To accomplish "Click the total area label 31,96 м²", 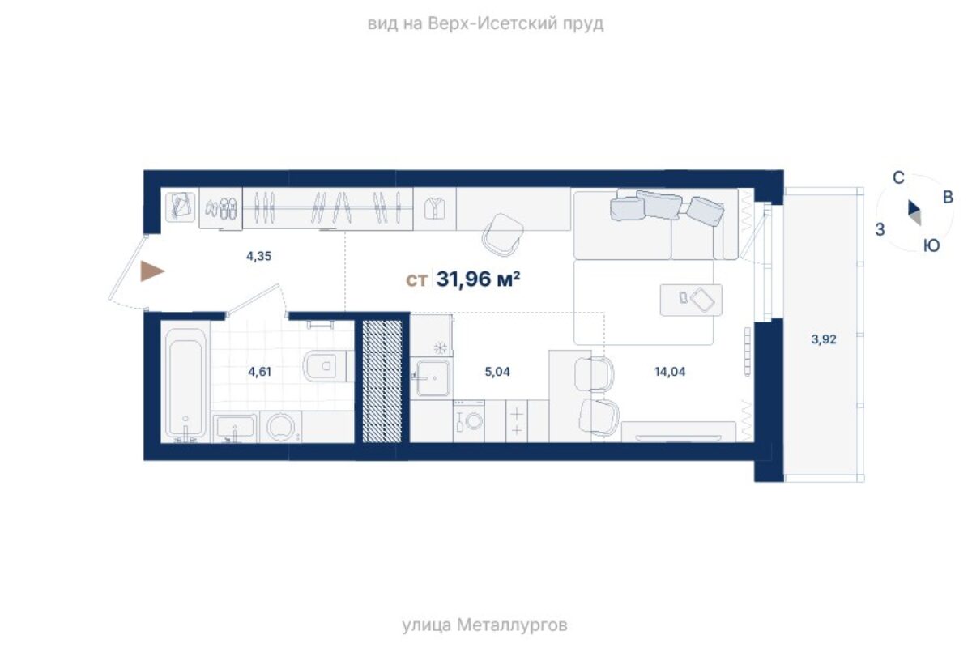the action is (x=478, y=279).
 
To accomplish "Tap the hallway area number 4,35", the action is (x=258, y=256).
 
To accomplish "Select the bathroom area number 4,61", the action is (x=259, y=372).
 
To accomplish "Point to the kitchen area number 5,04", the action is (x=497, y=372).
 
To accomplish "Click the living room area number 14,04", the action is (x=670, y=372).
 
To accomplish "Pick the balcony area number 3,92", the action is (x=824, y=339).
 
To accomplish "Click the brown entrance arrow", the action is (x=152, y=271).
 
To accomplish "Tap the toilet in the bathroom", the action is (x=327, y=366).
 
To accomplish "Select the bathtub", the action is (x=185, y=383).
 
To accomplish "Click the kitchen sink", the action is (x=433, y=377).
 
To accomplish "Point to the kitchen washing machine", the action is (x=469, y=421).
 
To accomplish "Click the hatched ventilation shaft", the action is (x=382, y=381).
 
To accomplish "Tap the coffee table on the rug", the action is (x=691, y=300).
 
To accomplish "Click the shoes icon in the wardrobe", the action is (x=221, y=208).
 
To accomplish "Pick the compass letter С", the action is (x=898, y=177).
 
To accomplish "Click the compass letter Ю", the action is (x=932, y=246).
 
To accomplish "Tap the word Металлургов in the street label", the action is (x=512, y=625).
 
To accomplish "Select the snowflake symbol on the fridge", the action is (x=441, y=347).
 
